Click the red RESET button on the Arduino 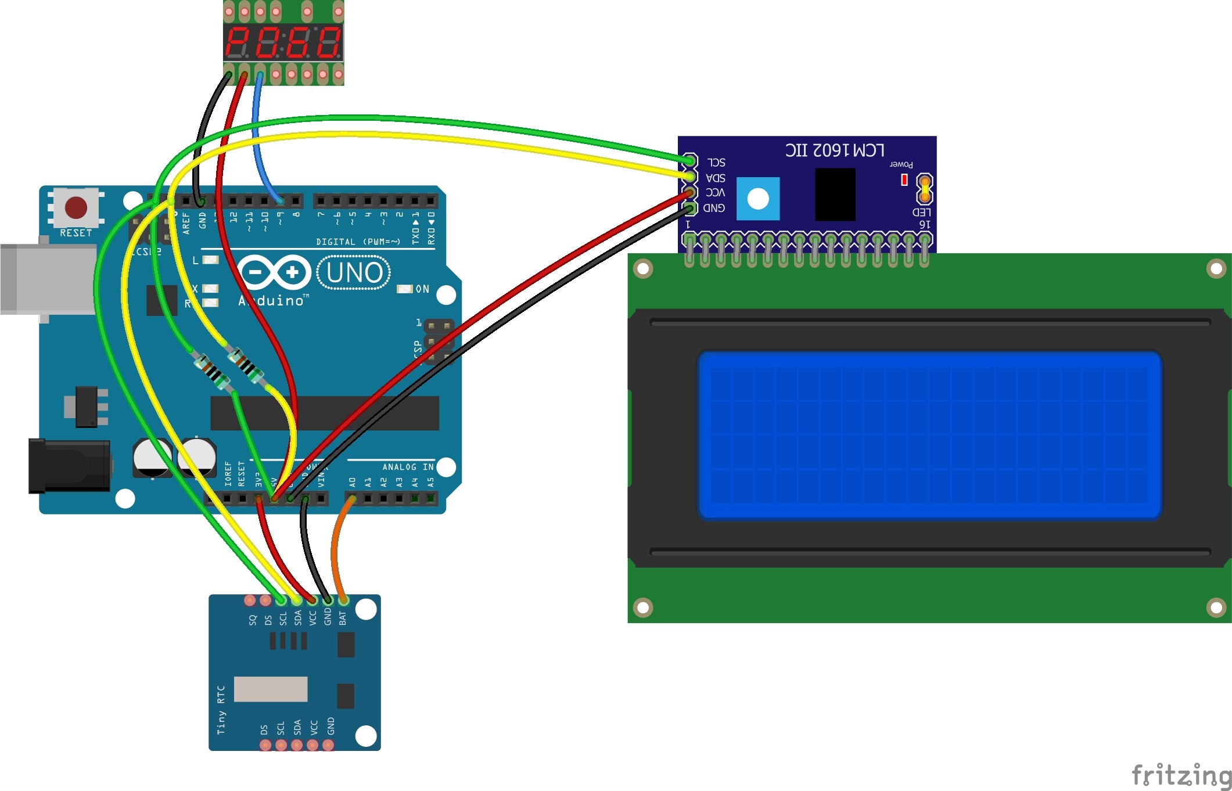[x=76, y=207]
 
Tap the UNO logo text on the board [x=354, y=272]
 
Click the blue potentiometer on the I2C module [x=758, y=199]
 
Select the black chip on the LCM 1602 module [x=835, y=195]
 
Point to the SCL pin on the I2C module [x=689, y=160]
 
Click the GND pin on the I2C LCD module [x=689, y=208]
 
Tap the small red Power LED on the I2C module [x=904, y=180]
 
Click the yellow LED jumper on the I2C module [x=924, y=189]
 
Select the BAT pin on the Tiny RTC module [x=343, y=600]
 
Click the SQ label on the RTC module [x=252, y=620]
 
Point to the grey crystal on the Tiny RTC [x=271, y=689]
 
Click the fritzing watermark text [x=1181, y=775]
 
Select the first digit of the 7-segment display [x=238, y=42]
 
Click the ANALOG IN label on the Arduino [x=408, y=467]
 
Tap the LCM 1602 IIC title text [x=835, y=150]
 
